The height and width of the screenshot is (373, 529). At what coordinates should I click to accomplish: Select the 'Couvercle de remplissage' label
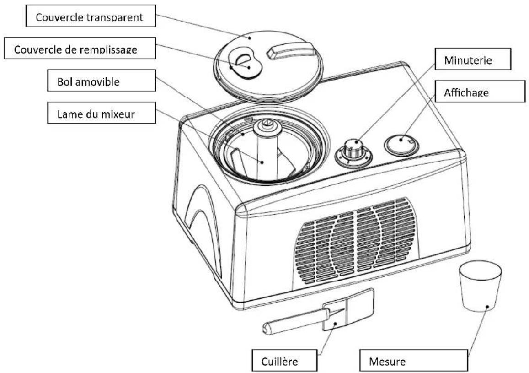[75, 49]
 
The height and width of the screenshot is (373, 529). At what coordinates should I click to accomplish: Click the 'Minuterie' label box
[470, 60]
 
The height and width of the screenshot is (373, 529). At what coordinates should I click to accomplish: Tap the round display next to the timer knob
[401, 143]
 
